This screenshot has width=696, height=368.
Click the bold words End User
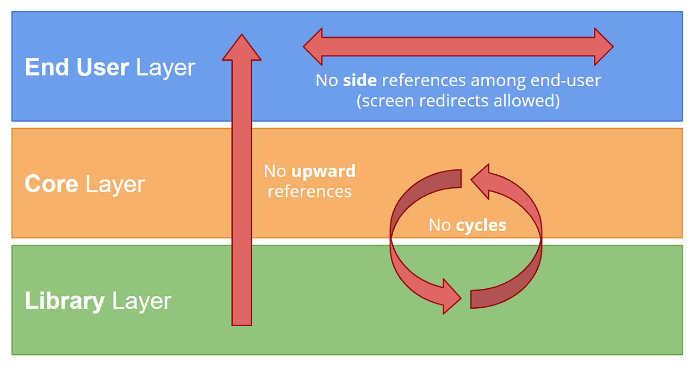point(77,68)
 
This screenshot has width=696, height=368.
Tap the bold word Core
point(51,185)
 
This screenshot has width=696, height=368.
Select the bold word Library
point(65,301)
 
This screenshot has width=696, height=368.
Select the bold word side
point(360,81)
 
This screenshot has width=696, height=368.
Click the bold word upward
point(324,172)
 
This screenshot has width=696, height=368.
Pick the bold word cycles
point(481,225)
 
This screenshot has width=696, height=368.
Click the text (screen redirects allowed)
point(458,101)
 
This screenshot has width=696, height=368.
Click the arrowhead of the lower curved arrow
point(452,296)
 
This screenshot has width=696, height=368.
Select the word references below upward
point(309,192)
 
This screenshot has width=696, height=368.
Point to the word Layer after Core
point(115,185)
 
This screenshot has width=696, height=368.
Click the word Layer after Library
point(141,301)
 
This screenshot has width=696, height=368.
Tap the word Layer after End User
point(165,68)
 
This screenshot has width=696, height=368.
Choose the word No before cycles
point(439,225)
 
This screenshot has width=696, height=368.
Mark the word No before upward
point(275,172)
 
